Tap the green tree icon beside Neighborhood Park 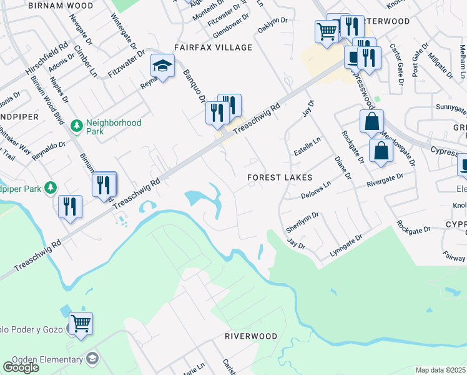click(77, 126)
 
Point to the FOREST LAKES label click(280, 177)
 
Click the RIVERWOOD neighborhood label click(251, 336)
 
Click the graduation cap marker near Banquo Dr click(162, 66)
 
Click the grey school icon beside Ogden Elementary click(92, 359)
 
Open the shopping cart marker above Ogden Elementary click(81, 323)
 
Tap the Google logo click(21, 367)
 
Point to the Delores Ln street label click(318, 188)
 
